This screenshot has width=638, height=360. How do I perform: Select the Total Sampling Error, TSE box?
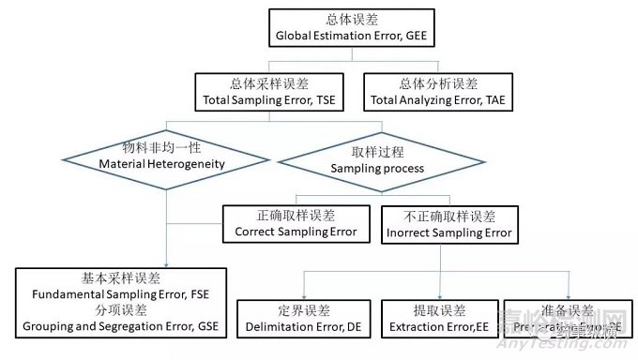(x=265, y=91)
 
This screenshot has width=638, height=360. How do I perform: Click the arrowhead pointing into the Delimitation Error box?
(x=304, y=295)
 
